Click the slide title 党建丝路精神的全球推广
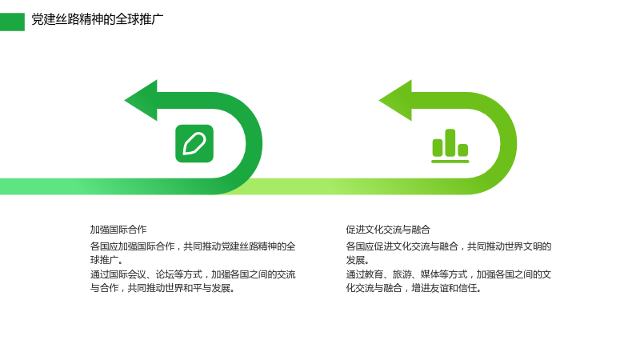pyautogui.click(x=97, y=19)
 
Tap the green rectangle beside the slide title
pyautogui.click(x=12, y=22)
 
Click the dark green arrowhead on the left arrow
pyautogui.click(x=142, y=101)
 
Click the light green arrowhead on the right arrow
pyautogui.click(x=396, y=101)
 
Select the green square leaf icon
pyautogui.click(x=194, y=144)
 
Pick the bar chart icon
pyautogui.click(x=450, y=146)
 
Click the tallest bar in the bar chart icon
pyautogui.click(x=450, y=142)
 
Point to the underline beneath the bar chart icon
pyautogui.click(x=450, y=162)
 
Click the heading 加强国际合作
pyautogui.click(x=118, y=230)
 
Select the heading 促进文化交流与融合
pyautogui.click(x=388, y=230)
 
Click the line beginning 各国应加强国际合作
pyautogui.click(x=193, y=246)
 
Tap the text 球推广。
pyautogui.click(x=106, y=260)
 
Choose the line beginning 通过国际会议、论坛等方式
pyautogui.click(x=193, y=274)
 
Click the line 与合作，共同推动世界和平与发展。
pyautogui.click(x=163, y=288)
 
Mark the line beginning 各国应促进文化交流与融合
pyautogui.click(x=449, y=246)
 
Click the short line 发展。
pyautogui.click(x=358, y=260)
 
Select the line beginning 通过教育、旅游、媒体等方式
pyautogui.click(x=449, y=274)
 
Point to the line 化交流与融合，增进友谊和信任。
pyautogui.click(x=414, y=288)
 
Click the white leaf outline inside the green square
pyautogui.click(x=194, y=144)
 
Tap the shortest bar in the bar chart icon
pyautogui.click(x=463, y=150)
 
